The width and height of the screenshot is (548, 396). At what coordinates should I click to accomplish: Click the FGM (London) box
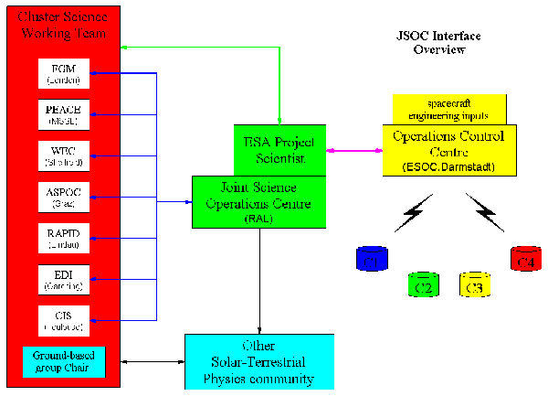click(x=64, y=74)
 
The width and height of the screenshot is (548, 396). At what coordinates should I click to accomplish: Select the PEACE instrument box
click(x=64, y=113)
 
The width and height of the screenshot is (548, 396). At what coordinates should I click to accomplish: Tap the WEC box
click(x=64, y=155)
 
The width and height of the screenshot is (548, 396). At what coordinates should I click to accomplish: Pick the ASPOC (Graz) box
click(x=64, y=197)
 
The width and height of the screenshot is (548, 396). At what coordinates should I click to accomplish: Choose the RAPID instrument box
click(x=64, y=238)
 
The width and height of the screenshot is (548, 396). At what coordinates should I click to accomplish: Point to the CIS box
click(x=64, y=320)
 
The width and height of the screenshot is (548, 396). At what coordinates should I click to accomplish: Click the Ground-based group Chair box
click(x=64, y=362)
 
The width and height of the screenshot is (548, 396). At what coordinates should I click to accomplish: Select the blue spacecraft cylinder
click(x=373, y=258)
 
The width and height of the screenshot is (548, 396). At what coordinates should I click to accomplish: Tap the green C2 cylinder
click(x=424, y=284)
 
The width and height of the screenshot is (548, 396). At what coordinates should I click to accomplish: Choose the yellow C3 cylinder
click(x=476, y=284)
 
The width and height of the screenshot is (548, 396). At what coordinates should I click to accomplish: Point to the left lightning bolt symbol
click(x=408, y=218)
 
